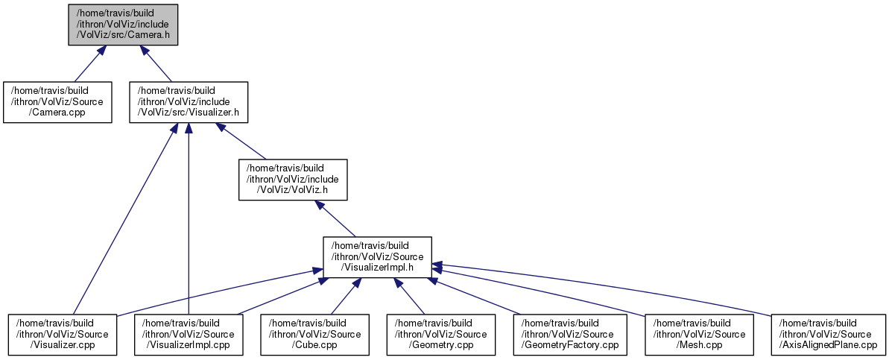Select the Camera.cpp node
click(x=57, y=102)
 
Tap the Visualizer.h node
click(x=189, y=102)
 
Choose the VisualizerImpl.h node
click(x=377, y=256)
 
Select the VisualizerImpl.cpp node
click(x=189, y=334)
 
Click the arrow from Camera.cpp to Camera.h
click(x=88, y=63)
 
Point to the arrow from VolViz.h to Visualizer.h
click(x=241, y=141)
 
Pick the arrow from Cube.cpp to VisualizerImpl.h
click(x=344, y=296)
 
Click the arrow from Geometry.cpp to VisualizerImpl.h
click(x=409, y=296)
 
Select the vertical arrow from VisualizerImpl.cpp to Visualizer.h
click(x=189, y=224)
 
